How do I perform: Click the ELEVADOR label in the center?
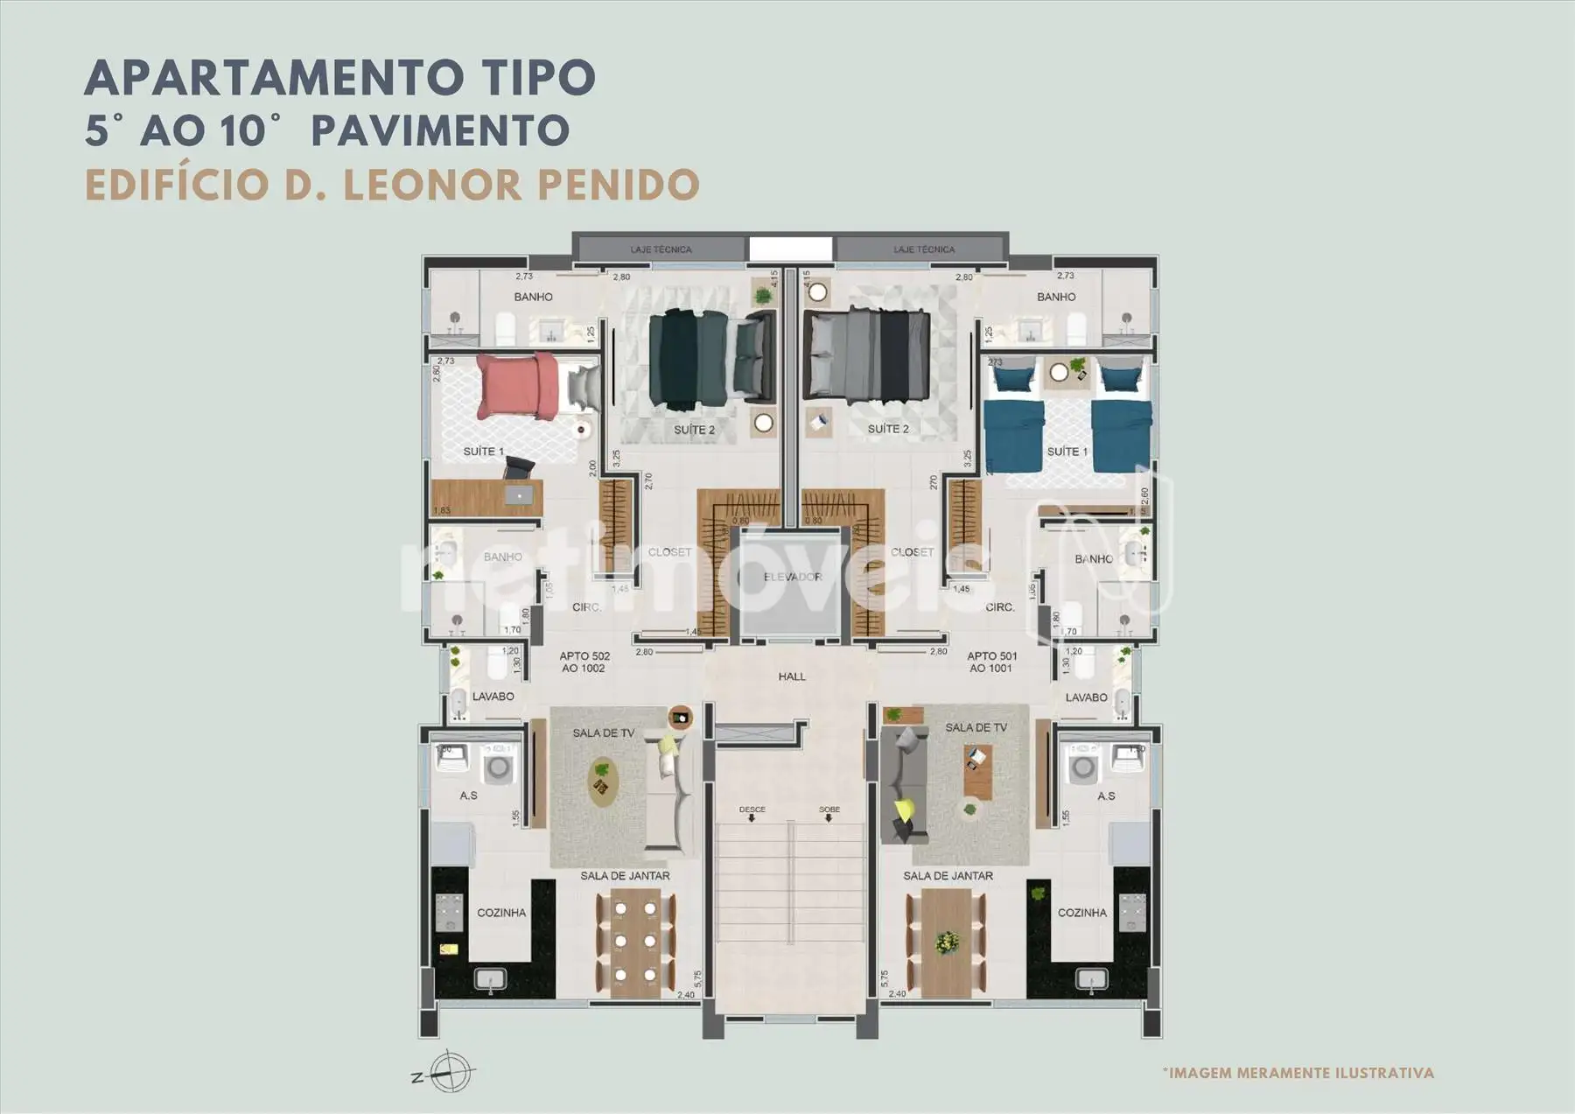tap(792, 577)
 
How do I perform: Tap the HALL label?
tap(792, 676)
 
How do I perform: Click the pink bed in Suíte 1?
tap(517, 387)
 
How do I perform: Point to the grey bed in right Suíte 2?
tap(867, 358)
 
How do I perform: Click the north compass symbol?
tap(450, 1070)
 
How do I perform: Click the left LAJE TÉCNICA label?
tap(661, 249)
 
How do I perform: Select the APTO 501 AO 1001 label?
tap(991, 662)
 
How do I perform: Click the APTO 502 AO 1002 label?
tap(584, 662)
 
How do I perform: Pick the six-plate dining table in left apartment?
tap(635, 942)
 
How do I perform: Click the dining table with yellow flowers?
tap(946, 942)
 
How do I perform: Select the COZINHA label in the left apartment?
tap(501, 913)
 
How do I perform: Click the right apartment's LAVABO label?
tap(1086, 697)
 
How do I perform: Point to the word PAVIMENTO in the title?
tap(440, 131)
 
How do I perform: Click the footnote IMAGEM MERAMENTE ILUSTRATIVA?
tap(1298, 1073)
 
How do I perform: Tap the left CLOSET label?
tap(669, 552)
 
